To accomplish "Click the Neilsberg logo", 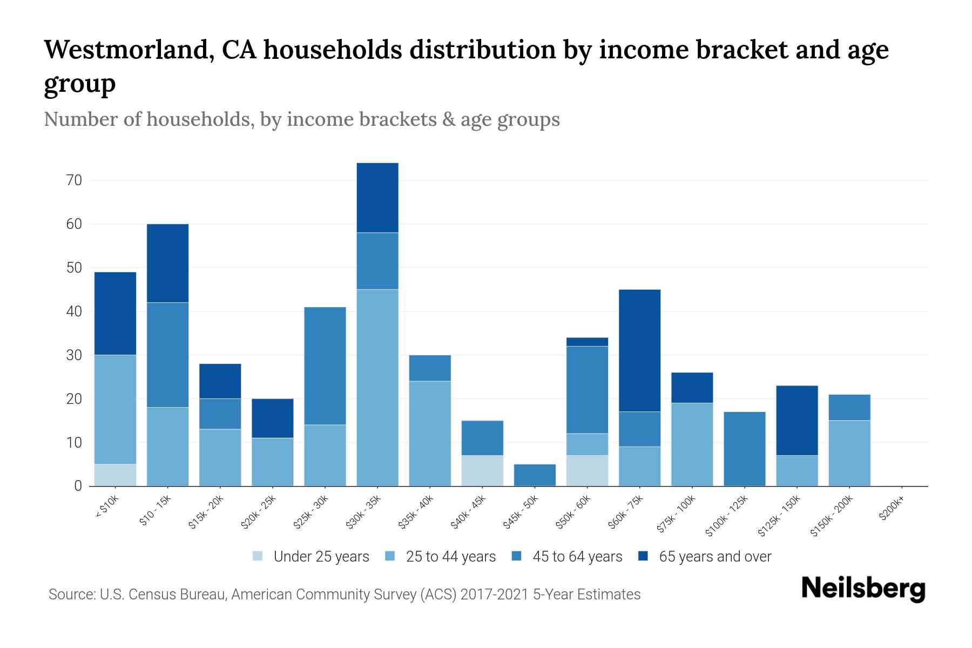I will [863, 589].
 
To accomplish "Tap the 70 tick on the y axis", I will [74, 180].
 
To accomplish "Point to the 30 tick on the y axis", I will [74, 355].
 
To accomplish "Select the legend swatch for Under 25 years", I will [258, 556].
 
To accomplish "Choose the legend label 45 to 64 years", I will [577, 556].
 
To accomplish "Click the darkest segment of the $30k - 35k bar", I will [377, 198].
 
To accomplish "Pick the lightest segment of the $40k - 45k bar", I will [482, 470].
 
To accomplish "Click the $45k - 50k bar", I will [535, 475].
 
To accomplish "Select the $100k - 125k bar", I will [744, 449].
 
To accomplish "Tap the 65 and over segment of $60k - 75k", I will [639, 350].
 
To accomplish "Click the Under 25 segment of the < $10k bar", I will [115, 475].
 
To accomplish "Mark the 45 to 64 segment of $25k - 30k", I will [325, 366].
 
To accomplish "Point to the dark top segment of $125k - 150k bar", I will [796, 420].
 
